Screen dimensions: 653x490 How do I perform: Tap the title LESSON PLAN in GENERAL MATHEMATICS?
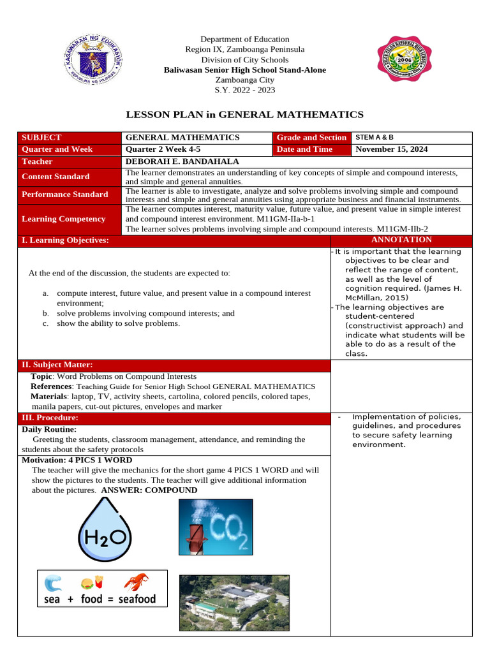click(x=245, y=115)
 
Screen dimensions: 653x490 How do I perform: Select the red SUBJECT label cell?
click(x=69, y=137)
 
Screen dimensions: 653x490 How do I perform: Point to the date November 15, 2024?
click(x=391, y=149)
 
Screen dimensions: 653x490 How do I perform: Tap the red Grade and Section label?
click(x=311, y=137)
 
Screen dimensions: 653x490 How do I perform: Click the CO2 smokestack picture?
click(x=216, y=527)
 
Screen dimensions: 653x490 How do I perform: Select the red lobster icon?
click(x=135, y=583)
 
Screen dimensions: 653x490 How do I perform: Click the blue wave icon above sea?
click(x=53, y=583)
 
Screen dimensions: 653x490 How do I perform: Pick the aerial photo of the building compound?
click(x=234, y=603)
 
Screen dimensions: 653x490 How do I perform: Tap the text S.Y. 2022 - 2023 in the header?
click(x=245, y=90)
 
